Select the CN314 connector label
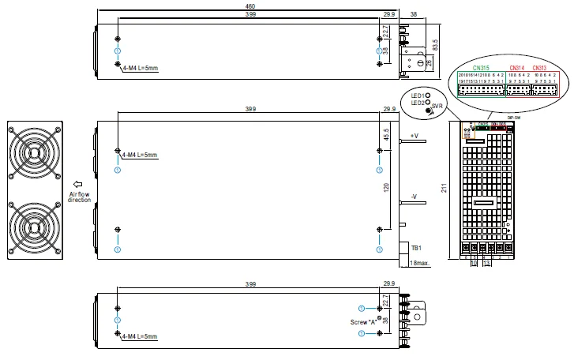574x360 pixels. [x=517, y=68]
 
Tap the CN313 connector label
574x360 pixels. [x=540, y=68]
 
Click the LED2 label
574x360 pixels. [x=418, y=103]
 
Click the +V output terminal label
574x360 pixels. [x=415, y=136]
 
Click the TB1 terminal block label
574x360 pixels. [x=416, y=248]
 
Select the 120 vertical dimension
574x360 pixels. [x=386, y=188]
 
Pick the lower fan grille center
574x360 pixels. [x=34, y=227]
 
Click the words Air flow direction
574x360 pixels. [x=79, y=196]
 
